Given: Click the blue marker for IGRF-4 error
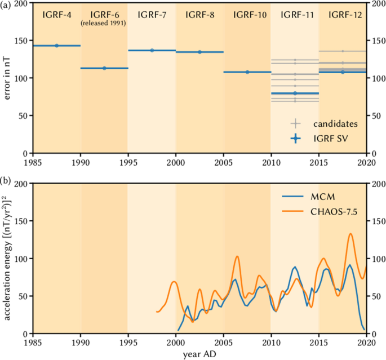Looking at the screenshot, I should click(x=56, y=46).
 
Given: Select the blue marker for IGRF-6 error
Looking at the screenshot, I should click(x=104, y=68).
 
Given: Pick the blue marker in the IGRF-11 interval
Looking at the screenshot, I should click(x=295, y=93).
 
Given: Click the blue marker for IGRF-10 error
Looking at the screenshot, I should click(x=247, y=72).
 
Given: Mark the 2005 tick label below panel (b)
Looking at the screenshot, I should click(x=224, y=342).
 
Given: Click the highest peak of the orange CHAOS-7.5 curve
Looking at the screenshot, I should click(x=350, y=234).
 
